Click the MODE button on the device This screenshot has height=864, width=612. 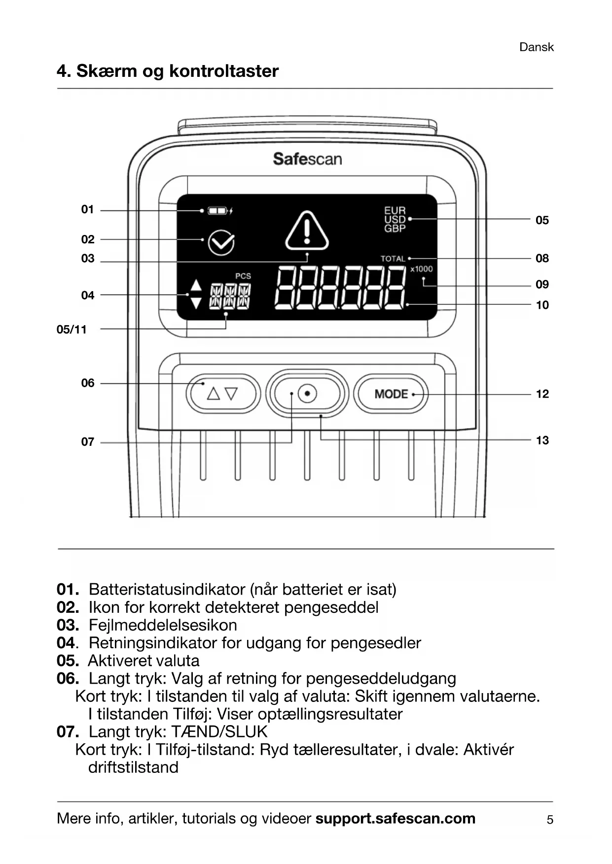391,394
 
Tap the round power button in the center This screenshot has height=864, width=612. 307,394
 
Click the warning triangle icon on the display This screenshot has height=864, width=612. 307,231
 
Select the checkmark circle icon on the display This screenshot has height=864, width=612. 221,242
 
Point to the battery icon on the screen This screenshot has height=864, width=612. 217,211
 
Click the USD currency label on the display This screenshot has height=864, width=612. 395,220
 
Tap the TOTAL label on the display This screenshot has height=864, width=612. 393,259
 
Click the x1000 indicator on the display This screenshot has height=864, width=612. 421,269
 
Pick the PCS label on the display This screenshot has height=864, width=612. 243,276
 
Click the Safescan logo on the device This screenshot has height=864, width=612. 307,159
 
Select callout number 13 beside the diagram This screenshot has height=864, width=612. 542,440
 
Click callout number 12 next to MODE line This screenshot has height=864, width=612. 542,394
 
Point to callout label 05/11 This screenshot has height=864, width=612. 72,330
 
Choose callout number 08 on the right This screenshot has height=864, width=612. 542,259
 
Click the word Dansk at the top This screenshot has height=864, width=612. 536,47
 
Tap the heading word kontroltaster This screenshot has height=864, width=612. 224,71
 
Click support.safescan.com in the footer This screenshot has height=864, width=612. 395,819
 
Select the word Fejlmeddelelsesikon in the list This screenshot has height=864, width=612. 163,625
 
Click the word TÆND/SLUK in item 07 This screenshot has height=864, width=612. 219,731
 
